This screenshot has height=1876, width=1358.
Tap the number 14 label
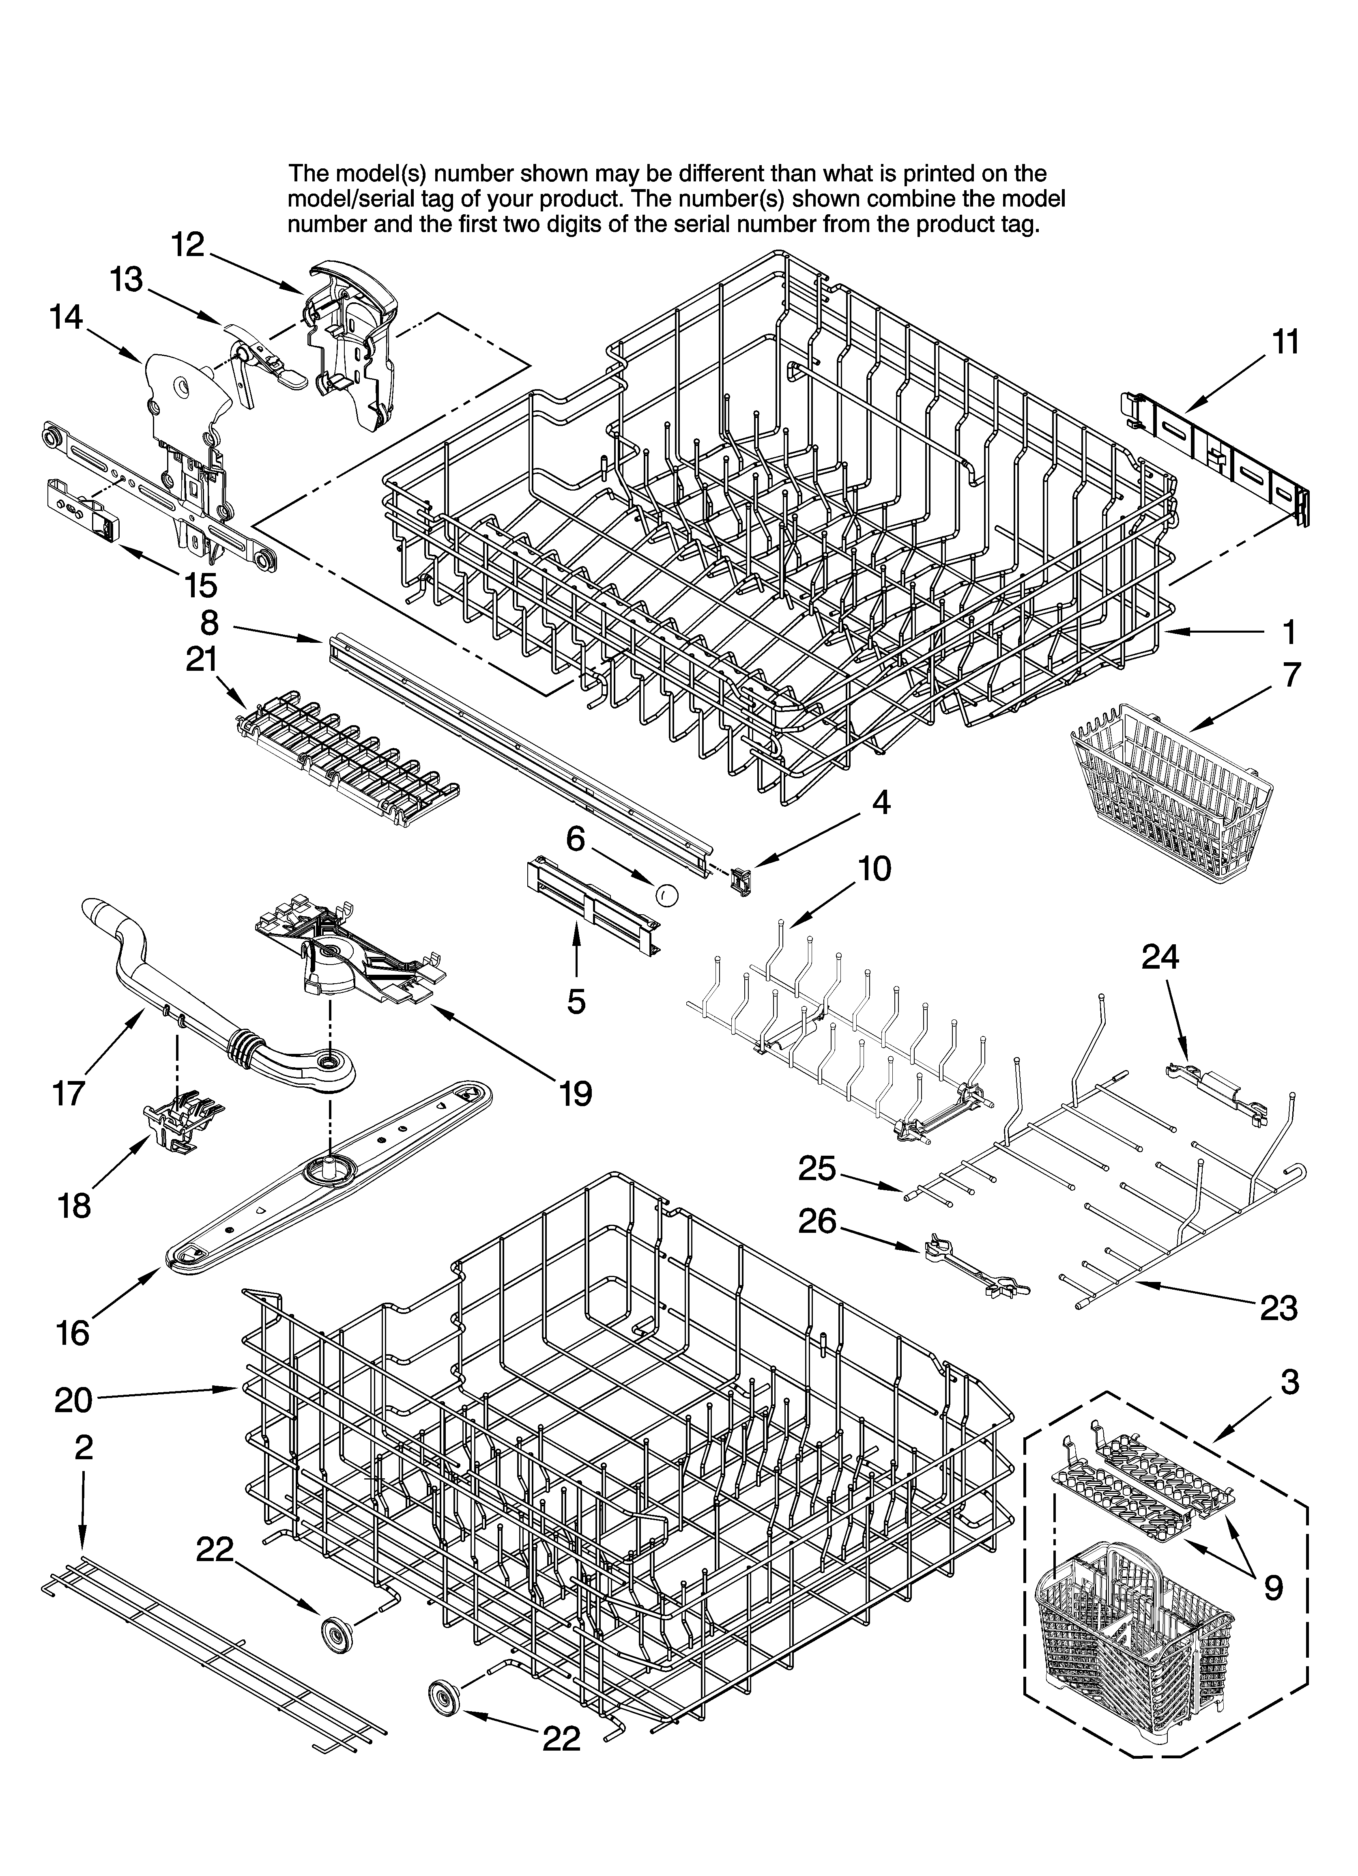(66, 317)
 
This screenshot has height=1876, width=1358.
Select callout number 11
(1285, 342)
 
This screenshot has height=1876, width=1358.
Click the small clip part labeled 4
(741, 882)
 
